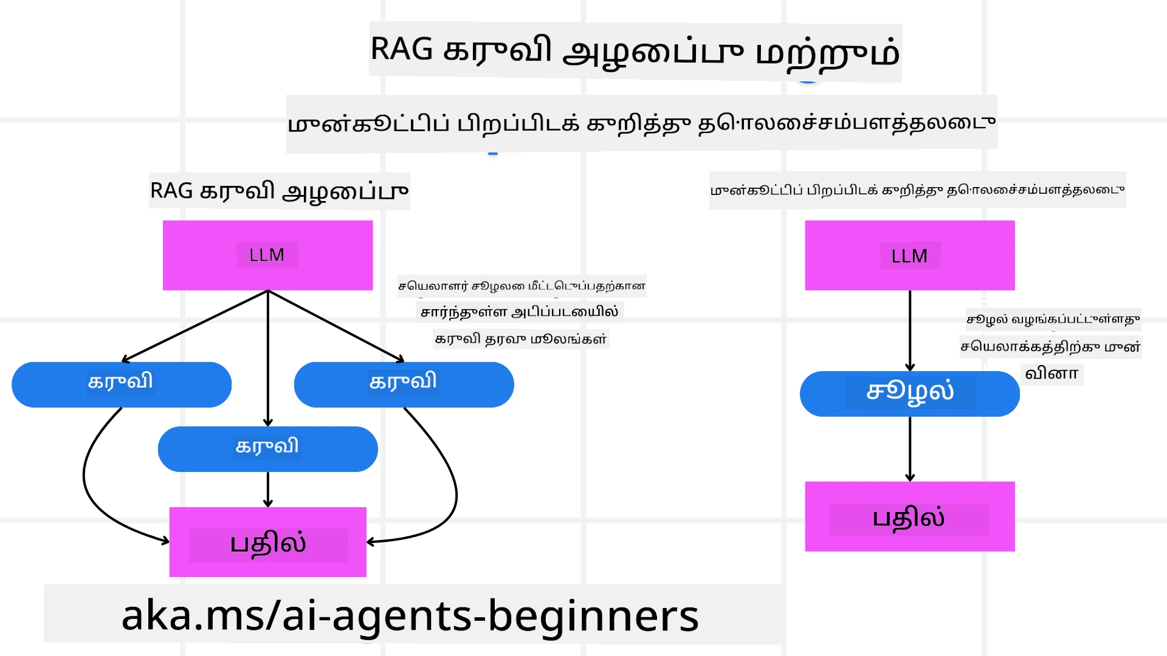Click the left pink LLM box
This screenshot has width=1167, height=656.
(x=267, y=255)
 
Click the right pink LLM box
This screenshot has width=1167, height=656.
(x=909, y=255)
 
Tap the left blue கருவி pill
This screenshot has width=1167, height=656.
(x=122, y=384)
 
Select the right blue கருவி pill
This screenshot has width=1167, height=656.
(x=404, y=384)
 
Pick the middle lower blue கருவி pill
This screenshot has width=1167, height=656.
(x=267, y=449)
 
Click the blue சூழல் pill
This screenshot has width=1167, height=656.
(x=909, y=394)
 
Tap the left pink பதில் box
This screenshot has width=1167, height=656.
(x=267, y=542)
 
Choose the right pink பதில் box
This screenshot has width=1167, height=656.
(x=909, y=516)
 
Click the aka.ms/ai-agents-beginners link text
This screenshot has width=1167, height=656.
(x=410, y=615)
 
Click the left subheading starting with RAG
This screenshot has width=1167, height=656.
(x=279, y=191)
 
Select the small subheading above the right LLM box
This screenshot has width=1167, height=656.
(x=917, y=190)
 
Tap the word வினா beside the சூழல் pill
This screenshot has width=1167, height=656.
(x=1052, y=373)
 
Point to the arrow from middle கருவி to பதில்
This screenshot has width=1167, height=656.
(x=268, y=489)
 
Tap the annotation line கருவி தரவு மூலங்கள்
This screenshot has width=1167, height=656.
(x=521, y=339)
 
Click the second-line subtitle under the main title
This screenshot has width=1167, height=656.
(x=641, y=123)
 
